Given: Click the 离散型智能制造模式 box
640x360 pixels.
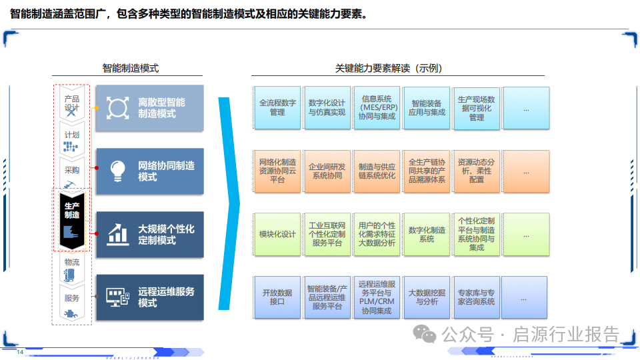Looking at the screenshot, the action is [149, 108].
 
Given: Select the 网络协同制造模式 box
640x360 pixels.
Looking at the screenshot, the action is [149, 171].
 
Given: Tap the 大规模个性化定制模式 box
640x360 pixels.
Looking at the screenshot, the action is [149, 235].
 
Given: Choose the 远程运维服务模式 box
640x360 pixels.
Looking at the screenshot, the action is [149, 297].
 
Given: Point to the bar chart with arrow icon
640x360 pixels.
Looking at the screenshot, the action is [118, 233].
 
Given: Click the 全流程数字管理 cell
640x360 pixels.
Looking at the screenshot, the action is [277, 108].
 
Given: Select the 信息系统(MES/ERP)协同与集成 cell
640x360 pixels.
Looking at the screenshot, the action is [377, 108].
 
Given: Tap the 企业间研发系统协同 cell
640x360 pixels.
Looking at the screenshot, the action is [327, 171].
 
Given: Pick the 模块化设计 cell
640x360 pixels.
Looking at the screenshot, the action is [277, 235].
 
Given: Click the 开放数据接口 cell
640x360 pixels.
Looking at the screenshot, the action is [277, 297].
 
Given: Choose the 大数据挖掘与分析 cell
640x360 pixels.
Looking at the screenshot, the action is [426, 297].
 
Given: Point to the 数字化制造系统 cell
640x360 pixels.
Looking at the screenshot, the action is [426, 235].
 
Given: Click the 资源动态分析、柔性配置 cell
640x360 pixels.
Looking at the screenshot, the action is [476, 171].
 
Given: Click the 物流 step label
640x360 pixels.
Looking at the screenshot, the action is [72, 263].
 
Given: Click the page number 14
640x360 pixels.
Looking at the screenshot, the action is [20, 352].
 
